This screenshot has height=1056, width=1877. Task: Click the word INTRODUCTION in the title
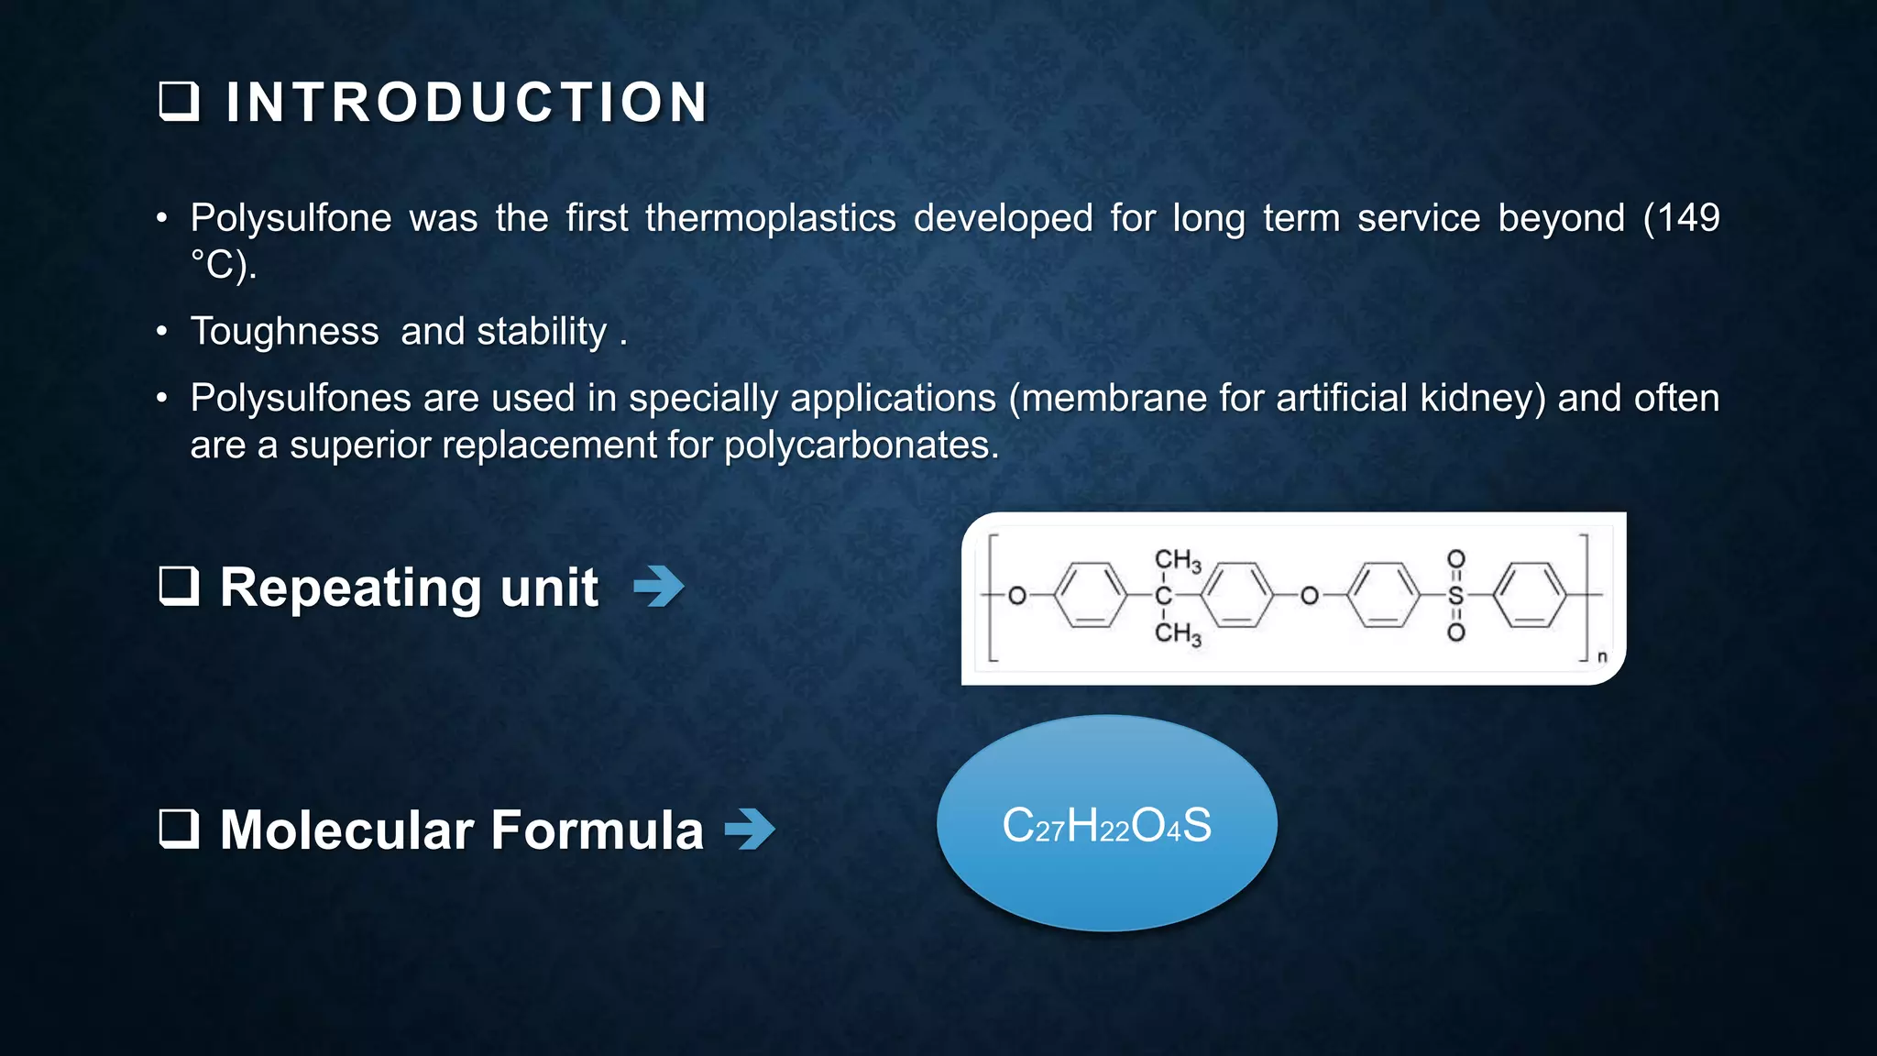(x=467, y=102)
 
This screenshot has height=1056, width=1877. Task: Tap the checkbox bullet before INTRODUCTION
(x=179, y=102)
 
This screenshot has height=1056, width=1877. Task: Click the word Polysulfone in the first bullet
(x=291, y=218)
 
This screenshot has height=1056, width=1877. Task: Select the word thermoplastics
(x=770, y=218)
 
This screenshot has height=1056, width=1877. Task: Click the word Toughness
(x=284, y=331)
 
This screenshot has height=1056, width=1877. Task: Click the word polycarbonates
(x=861, y=445)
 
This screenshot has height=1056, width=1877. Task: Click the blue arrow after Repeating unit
(x=659, y=587)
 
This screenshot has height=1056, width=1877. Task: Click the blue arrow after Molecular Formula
(x=750, y=830)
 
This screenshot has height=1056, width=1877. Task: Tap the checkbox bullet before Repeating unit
(x=179, y=586)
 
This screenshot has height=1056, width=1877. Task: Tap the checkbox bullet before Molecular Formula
(x=179, y=829)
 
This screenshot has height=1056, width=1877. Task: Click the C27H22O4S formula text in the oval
(x=1106, y=825)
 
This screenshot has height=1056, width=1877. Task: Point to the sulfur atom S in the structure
(x=1455, y=596)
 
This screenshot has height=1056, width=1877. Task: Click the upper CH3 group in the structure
(x=1177, y=560)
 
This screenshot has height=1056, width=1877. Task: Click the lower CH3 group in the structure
(x=1177, y=632)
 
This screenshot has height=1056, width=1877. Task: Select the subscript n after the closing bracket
(x=1602, y=657)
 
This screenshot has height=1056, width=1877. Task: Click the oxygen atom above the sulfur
(x=1455, y=558)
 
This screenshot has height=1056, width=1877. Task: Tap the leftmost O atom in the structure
(x=1016, y=596)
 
